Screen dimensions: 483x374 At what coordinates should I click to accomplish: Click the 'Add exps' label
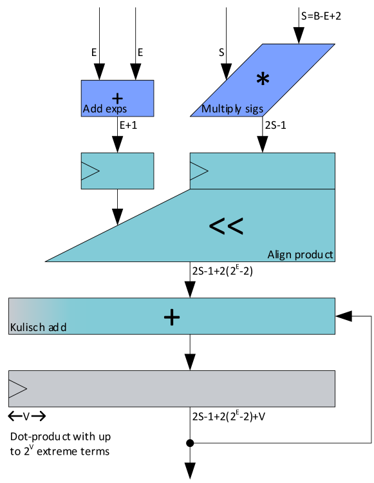(105, 109)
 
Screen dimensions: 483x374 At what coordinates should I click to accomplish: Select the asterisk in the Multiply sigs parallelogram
(262, 79)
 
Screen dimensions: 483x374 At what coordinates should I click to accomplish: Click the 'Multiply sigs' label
(232, 109)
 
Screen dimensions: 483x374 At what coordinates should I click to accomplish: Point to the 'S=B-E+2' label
(321, 16)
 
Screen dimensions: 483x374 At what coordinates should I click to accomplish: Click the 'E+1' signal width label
(129, 126)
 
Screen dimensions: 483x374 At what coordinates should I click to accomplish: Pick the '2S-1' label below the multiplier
(276, 126)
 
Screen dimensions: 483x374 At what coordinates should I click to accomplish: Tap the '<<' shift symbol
(226, 226)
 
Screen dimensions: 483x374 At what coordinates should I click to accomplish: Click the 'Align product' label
(301, 255)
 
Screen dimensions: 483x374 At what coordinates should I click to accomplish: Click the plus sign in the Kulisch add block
(171, 316)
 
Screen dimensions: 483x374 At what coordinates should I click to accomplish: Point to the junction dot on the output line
(190, 443)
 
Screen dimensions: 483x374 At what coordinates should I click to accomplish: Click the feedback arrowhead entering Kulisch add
(342, 316)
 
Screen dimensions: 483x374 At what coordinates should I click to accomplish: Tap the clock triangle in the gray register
(18, 388)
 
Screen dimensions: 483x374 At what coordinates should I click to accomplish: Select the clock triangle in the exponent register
(90, 171)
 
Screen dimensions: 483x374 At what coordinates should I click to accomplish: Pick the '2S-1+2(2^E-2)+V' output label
(229, 415)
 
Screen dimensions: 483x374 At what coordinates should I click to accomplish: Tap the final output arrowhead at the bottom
(190, 473)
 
